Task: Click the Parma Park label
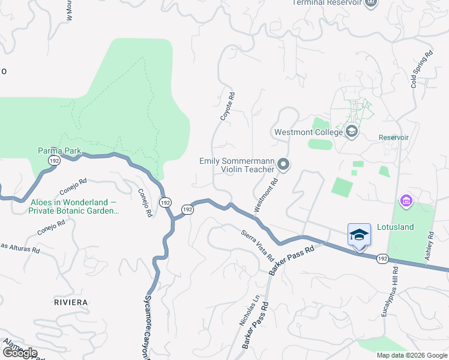[x=59, y=150]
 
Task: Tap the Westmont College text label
[x=308, y=132]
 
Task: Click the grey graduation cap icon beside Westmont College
[x=352, y=131]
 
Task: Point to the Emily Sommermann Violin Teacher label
[x=237, y=164]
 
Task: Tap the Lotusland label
[x=396, y=227]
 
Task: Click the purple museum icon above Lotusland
[x=406, y=200]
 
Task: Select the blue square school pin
[x=359, y=235]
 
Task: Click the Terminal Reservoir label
[x=327, y=2]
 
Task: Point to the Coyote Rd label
[x=226, y=107]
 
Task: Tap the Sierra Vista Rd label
[x=258, y=244]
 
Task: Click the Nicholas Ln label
[x=249, y=310]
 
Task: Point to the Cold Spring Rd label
[x=421, y=69]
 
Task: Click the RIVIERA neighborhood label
[x=71, y=302]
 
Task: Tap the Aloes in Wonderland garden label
[x=74, y=207]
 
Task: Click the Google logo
[x=20, y=353]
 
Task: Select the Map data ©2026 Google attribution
[x=412, y=355]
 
